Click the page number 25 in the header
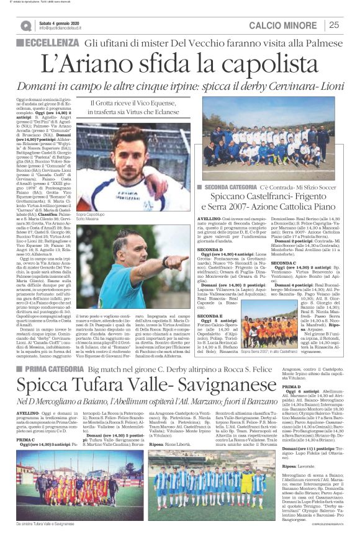pyautogui.click(x=334, y=25)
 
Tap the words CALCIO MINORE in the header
pyautogui.click(x=285, y=25)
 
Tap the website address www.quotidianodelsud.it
pyautogui.click(x=61, y=29)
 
